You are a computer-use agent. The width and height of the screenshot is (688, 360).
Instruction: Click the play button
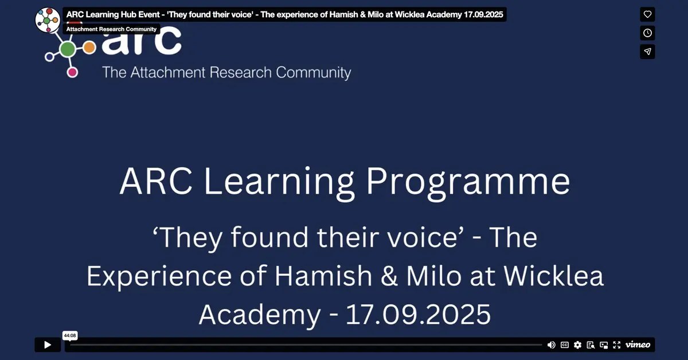click(48, 345)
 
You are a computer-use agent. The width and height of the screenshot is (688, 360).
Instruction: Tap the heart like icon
click(647, 14)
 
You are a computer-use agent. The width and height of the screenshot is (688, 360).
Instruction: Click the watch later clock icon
click(647, 33)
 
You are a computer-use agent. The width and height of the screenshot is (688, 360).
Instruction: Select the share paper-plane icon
click(647, 52)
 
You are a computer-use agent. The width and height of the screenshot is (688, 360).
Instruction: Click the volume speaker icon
click(552, 345)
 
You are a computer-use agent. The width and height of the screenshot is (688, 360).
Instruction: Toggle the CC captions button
click(565, 345)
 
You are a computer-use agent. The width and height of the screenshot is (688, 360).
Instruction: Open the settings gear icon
click(577, 345)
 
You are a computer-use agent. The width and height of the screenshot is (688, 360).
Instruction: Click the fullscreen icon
click(617, 345)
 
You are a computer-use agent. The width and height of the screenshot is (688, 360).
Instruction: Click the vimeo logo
click(638, 345)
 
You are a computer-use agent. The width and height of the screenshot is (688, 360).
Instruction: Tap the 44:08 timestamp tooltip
click(70, 335)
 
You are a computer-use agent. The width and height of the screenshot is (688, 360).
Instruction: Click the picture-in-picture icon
click(604, 345)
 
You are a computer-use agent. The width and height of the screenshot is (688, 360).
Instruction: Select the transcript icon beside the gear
click(591, 345)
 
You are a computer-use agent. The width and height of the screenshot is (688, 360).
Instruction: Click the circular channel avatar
click(48, 20)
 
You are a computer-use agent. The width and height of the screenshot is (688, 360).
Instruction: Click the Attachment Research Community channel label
click(111, 29)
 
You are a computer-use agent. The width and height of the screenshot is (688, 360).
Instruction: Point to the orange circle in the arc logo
click(89, 48)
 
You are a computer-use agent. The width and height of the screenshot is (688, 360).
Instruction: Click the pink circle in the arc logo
click(72, 72)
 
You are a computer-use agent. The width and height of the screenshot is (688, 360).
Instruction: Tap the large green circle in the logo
click(68, 49)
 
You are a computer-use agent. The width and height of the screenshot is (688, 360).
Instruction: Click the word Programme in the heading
click(468, 183)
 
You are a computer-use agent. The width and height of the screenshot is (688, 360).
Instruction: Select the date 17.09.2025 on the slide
click(418, 314)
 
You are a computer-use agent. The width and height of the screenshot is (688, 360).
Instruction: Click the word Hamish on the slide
click(323, 276)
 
